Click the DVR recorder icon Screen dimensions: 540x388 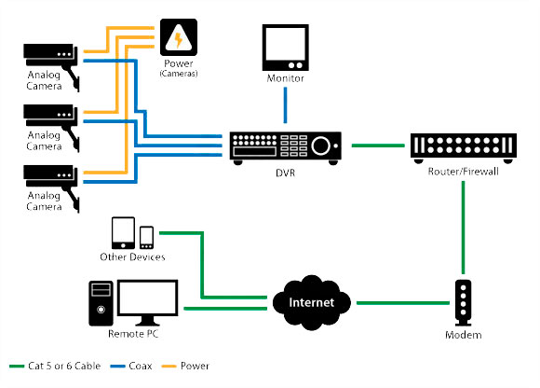tap(286, 148)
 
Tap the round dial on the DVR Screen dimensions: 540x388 tap(321, 145)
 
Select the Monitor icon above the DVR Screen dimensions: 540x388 tap(286, 48)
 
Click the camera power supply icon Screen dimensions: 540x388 tap(179, 37)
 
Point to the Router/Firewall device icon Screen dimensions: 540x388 tap(464, 148)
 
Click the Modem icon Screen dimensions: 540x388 tap(464, 303)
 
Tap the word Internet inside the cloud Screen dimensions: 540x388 tap(311, 302)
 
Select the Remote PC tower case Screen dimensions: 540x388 tap(101, 303)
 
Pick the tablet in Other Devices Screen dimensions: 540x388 tap(123, 233)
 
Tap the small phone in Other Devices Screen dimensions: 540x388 tap(147, 237)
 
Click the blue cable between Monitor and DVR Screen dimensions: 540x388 tap(285, 104)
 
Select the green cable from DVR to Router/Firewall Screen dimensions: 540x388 tap(378, 145)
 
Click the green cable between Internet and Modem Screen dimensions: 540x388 tap(403, 303)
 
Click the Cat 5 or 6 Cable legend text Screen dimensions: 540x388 tap(64, 366)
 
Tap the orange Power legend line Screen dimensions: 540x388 tap(169, 366)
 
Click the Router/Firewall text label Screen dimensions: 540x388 tap(464, 172)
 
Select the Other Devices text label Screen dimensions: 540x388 tap(132, 256)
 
